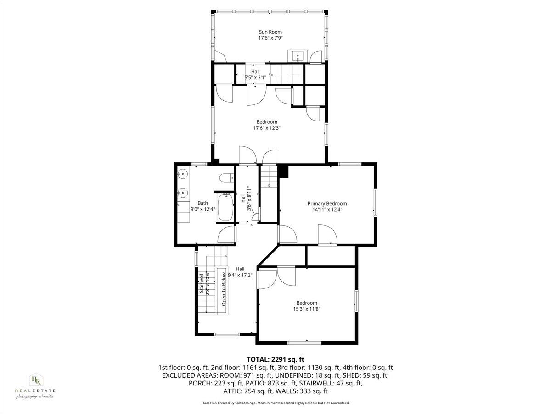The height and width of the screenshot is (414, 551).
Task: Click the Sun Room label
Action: [270, 32]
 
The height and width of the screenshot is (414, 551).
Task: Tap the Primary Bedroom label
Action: [327, 203]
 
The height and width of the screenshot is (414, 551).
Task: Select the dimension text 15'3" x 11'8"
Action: [306, 309]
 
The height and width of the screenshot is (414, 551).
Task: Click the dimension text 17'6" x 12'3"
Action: [266, 128]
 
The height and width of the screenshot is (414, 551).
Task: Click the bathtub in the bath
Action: [225, 208]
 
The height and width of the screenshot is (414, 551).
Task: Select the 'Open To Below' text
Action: [224, 290]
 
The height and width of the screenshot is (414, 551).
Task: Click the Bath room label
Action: [202, 203]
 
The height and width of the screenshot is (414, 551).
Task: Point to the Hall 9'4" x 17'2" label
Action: [240, 269]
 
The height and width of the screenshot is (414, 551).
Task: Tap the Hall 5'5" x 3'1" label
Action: [255, 72]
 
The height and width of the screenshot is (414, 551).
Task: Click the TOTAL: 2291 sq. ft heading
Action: [275, 359]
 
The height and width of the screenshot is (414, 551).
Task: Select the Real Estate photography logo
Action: [35, 385]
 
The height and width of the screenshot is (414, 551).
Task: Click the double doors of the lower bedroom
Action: [278, 278]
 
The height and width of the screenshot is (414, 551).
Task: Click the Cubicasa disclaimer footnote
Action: [275, 402]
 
